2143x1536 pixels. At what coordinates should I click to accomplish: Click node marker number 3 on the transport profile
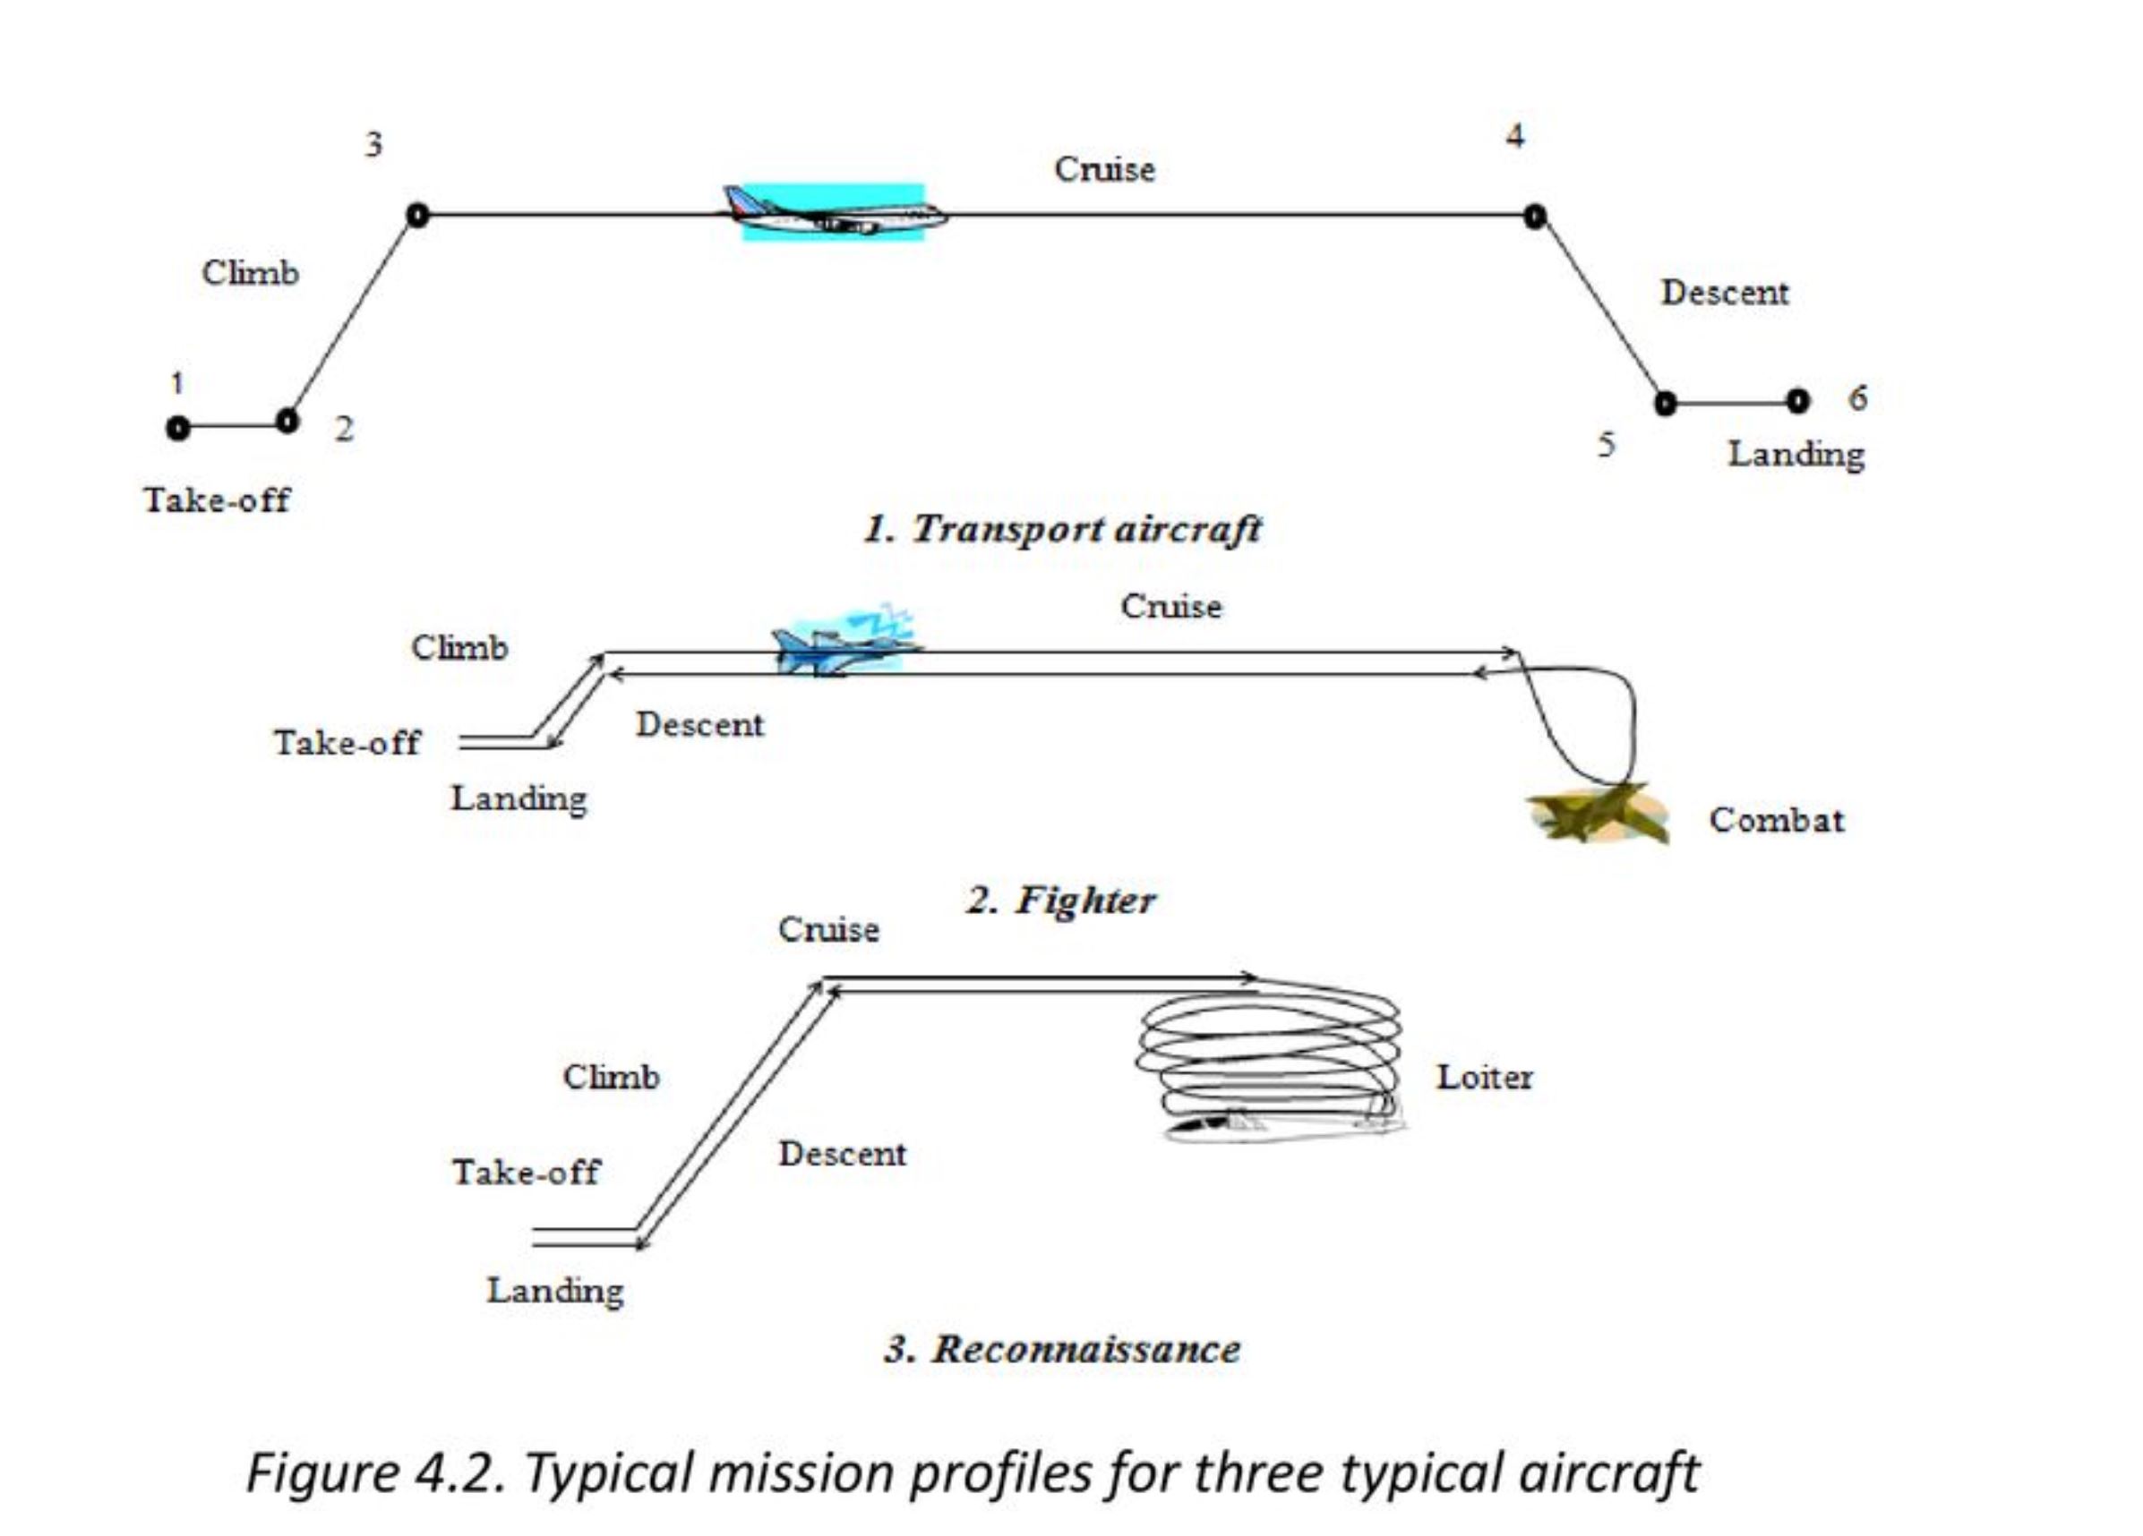tap(416, 216)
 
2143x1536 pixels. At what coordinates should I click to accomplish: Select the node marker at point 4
tap(1536, 217)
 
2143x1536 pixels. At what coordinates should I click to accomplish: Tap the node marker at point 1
tap(177, 428)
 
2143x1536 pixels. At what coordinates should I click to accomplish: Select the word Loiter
tap(1485, 1077)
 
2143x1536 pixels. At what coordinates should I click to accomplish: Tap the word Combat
tap(1777, 820)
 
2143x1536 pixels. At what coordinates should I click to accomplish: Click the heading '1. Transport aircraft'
tap(1062, 528)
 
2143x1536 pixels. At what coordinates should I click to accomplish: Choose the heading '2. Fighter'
tap(1060, 900)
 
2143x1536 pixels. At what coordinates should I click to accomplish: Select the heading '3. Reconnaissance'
tap(1062, 1349)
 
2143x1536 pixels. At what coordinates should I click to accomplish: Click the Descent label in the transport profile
tap(1725, 292)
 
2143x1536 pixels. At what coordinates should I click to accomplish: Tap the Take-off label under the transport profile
tap(217, 499)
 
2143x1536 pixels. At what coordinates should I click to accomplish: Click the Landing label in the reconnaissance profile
tap(555, 1291)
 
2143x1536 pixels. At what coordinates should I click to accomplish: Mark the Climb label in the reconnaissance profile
tap(612, 1077)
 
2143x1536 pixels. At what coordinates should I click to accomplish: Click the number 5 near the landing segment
tap(1607, 444)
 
